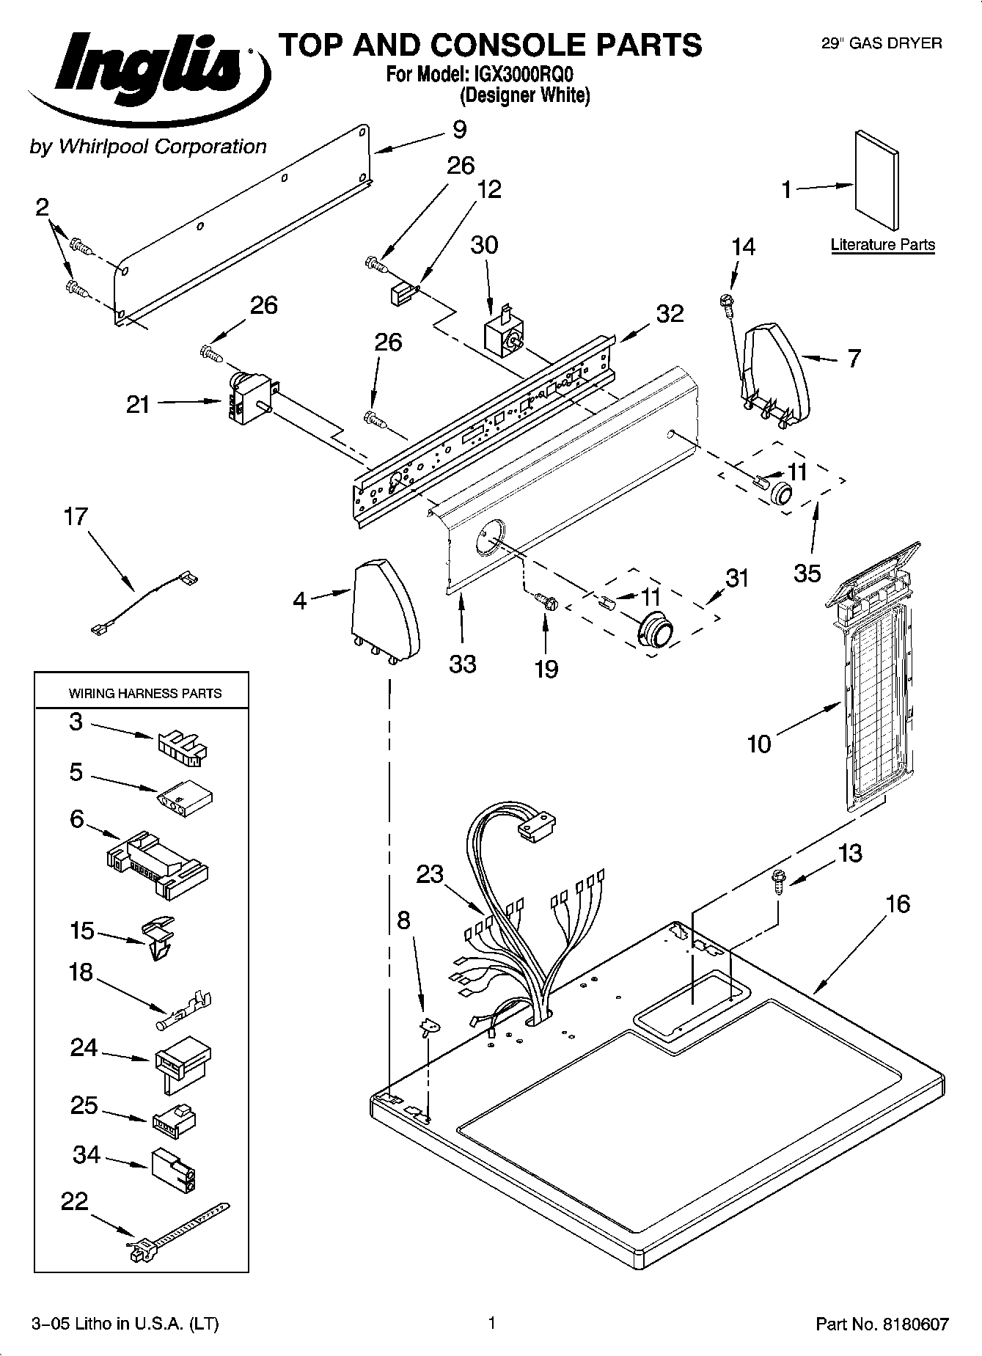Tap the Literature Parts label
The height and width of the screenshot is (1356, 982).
click(882, 245)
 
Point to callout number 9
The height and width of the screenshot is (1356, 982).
click(459, 130)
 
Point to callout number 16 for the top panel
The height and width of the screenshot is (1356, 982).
click(898, 904)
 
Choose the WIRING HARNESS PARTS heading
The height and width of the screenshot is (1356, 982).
click(144, 693)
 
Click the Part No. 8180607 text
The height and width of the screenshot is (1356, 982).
click(882, 1324)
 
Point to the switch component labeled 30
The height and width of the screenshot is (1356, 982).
click(504, 334)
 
